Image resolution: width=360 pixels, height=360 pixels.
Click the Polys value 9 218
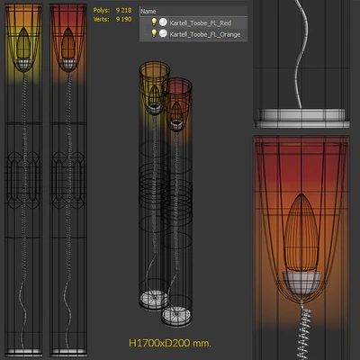pyautogui.click(x=123, y=10)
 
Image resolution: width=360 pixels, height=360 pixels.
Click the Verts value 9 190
pyautogui.click(x=123, y=20)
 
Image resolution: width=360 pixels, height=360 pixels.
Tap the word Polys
pyautogui.click(x=102, y=10)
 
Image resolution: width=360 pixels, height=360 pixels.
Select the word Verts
pyautogui.click(x=102, y=20)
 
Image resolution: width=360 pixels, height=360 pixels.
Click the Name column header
pyautogui.click(x=148, y=12)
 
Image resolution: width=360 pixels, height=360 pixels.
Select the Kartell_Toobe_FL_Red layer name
pyautogui.click(x=200, y=23)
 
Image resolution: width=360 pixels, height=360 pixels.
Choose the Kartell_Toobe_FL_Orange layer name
pyautogui.click(x=205, y=34)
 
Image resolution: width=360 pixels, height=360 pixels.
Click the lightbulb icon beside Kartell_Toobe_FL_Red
pyautogui.click(x=154, y=22)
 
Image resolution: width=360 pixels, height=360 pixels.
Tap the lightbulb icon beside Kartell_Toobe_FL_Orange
pyautogui.click(x=154, y=33)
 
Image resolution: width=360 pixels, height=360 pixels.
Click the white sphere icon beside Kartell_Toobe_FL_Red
pyautogui.click(x=163, y=22)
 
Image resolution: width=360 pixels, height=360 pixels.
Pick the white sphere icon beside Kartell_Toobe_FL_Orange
pyautogui.click(x=163, y=33)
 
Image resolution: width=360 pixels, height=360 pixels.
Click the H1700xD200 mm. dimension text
pyautogui.click(x=170, y=343)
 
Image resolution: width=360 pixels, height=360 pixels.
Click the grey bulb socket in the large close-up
pyautogui.click(x=301, y=283)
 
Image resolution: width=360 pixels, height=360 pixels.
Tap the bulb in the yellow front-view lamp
pyautogui.click(x=23, y=43)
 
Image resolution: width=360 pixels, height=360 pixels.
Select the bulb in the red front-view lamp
pyautogui.click(x=68, y=43)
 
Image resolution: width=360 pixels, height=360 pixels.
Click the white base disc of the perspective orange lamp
pyautogui.click(x=154, y=299)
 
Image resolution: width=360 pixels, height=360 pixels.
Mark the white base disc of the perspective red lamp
pyautogui.click(x=176, y=316)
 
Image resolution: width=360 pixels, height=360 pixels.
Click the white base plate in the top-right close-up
pyautogui.click(x=301, y=118)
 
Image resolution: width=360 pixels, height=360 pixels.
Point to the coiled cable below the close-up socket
pyautogui.click(x=305, y=330)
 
